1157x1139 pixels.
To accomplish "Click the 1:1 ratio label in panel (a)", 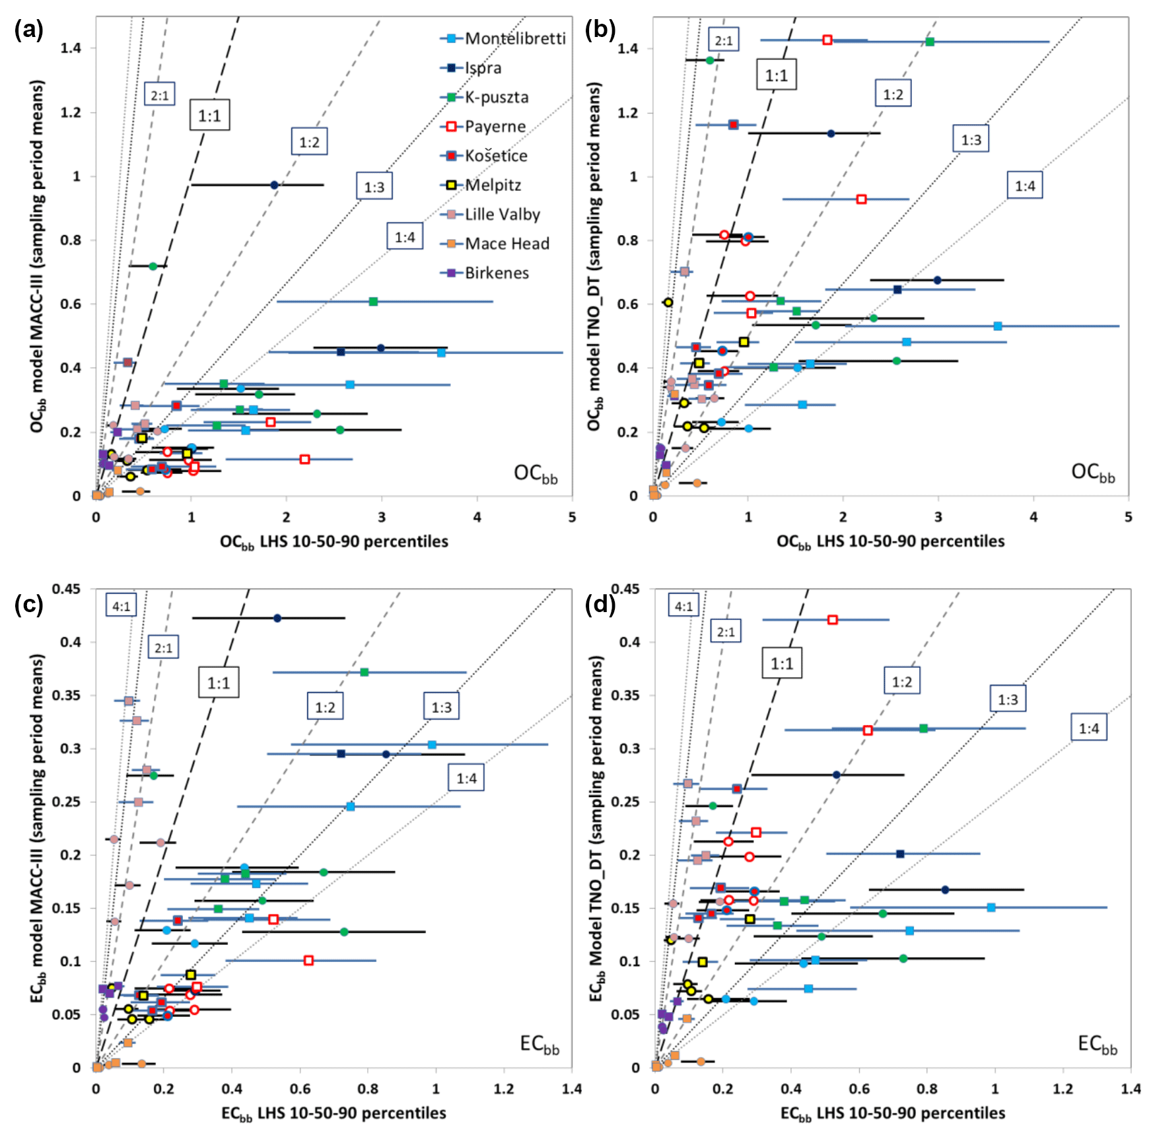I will coord(209,116).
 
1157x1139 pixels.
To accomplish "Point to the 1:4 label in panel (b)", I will coord(1024,186).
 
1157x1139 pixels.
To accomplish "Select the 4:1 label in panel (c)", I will coord(121,605).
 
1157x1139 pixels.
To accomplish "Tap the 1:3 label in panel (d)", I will coord(1007,699).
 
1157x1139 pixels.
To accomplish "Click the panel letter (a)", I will coord(28,30).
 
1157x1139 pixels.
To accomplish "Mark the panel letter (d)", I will coord(600,604).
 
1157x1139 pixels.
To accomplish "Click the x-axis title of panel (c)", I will coord(333,1114).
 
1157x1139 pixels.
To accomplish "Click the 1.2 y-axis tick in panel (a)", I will coord(71,112).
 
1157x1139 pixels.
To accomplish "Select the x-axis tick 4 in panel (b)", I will coord(1033,517).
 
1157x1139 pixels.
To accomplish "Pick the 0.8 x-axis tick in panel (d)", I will coord(927,1088).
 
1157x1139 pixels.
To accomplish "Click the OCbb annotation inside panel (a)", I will coord(536,473).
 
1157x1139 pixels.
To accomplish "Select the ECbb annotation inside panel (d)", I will coord(1097,1044).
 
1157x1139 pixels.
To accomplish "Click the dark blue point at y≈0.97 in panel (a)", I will coord(274,185).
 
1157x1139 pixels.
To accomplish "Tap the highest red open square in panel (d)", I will coord(832,619).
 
